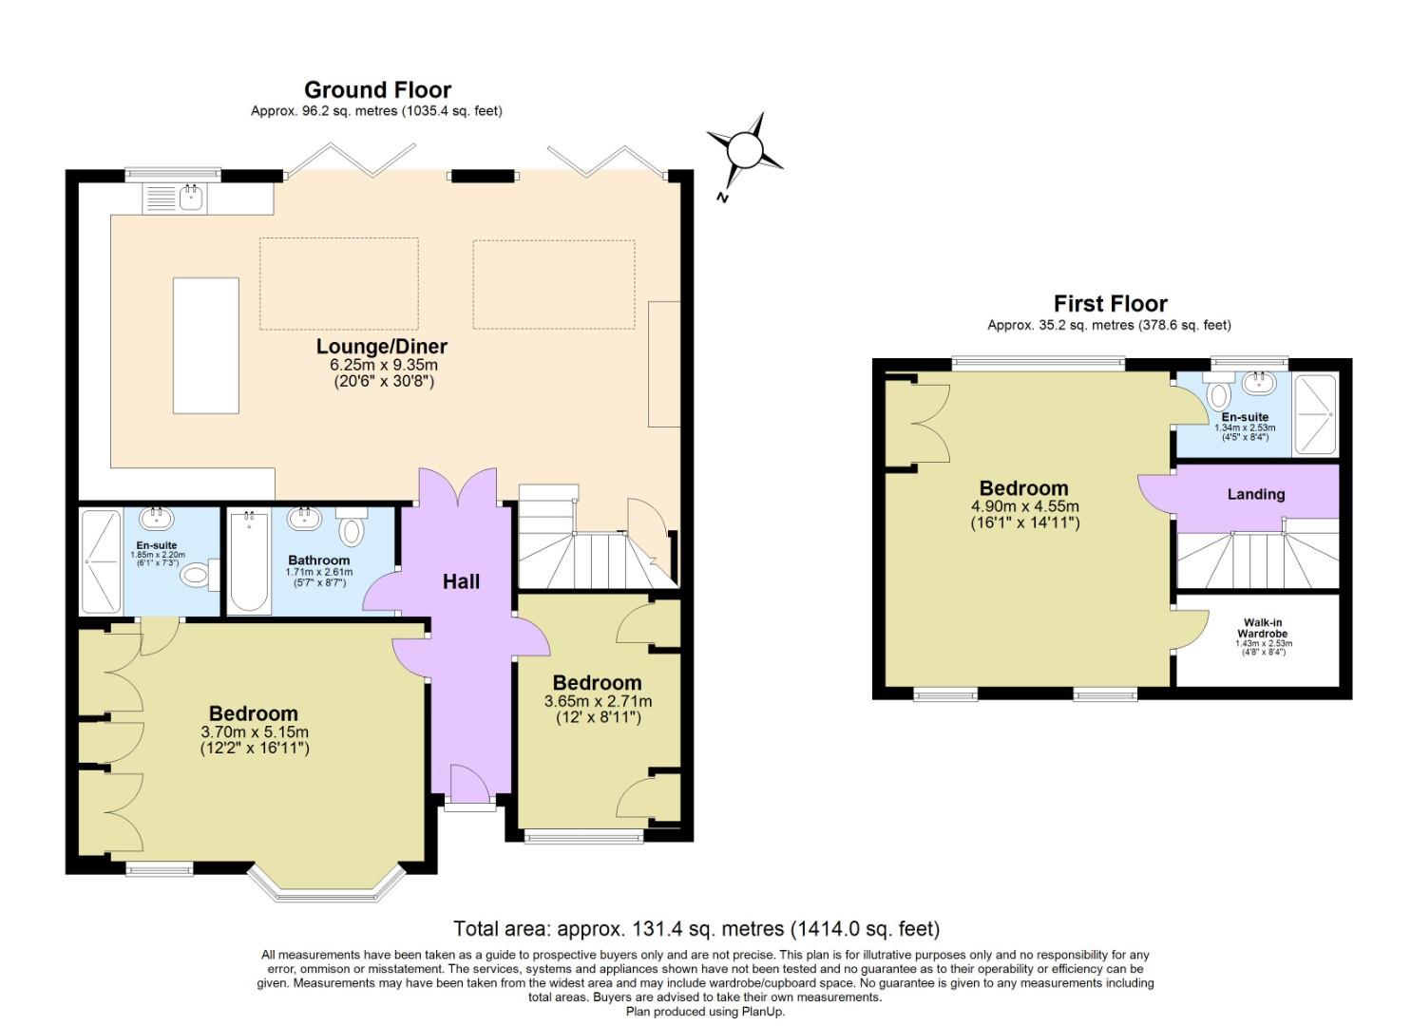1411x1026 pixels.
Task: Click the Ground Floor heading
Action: tap(377, 90)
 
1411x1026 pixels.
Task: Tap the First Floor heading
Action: tap(1110, 304)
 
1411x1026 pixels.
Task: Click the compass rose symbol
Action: tap(745, 152)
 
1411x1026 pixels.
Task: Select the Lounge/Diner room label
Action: tap(382, 347)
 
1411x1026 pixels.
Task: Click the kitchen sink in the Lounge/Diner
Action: tap(190, 199)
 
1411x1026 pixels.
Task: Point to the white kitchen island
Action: tap(206, 346)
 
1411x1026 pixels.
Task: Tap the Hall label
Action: tap(461, 581)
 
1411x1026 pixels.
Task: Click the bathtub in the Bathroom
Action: tap(249, 562)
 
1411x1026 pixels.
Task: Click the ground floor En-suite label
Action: tap(157, 545)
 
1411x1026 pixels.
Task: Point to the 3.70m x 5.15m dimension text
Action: tap(255, 732)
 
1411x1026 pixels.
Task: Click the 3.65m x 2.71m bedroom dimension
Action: tap(598, 701)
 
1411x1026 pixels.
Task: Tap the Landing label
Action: tap(1256, 494)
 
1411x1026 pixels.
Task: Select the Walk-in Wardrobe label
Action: tap(1263, 628)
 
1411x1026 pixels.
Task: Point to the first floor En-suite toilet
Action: tap(1219, 391)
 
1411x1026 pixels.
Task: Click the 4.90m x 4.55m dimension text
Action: tap(1024, 506)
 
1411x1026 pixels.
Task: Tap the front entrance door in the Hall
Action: tap(470, 784)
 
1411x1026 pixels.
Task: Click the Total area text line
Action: tap(696, 929)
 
